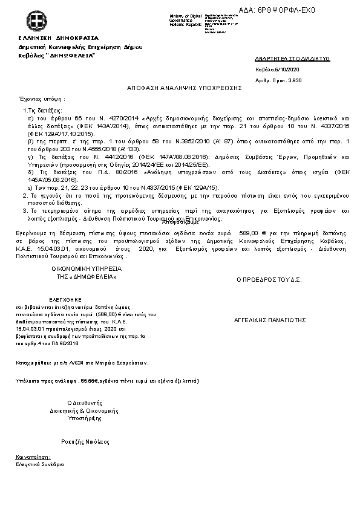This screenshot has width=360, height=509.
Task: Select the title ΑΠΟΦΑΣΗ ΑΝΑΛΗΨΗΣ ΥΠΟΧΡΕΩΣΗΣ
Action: pos(184,88)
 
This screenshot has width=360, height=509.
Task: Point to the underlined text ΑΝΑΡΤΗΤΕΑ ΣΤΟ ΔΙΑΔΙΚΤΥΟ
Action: pos(293,59)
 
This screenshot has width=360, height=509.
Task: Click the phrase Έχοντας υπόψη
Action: pos(42,98)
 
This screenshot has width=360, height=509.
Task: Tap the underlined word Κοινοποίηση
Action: pos(33,458)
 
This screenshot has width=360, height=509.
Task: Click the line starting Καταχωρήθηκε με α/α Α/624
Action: pos(82,363)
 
